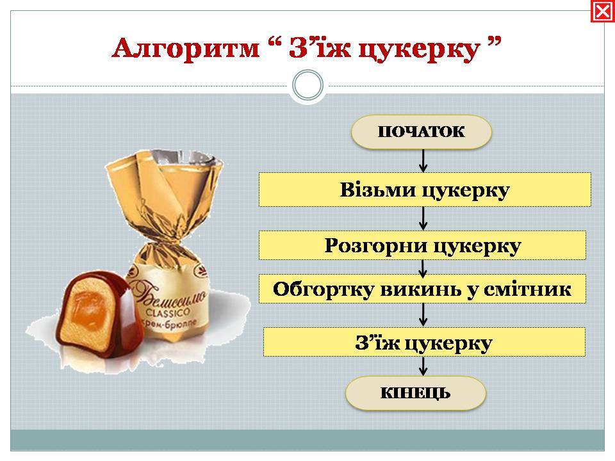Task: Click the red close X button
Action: tap(602, 12)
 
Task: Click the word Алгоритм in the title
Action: tap(186, 48)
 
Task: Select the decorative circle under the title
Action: tap(308, 85)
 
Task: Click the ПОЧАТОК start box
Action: tap(422, 132)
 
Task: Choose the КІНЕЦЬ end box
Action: tap(415, 392)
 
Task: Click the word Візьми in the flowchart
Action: tap(377, 190)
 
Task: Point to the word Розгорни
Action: tap(376, 247)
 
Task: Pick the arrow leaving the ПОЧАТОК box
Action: tap(423, 161)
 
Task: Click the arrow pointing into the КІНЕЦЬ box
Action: tap(423, 366)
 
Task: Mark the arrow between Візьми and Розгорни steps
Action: tap(423, 219)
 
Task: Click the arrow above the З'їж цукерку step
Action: tap(423, 315)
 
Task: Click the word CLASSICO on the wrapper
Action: tap(167, 313)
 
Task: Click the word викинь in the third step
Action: tap(421, 289)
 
